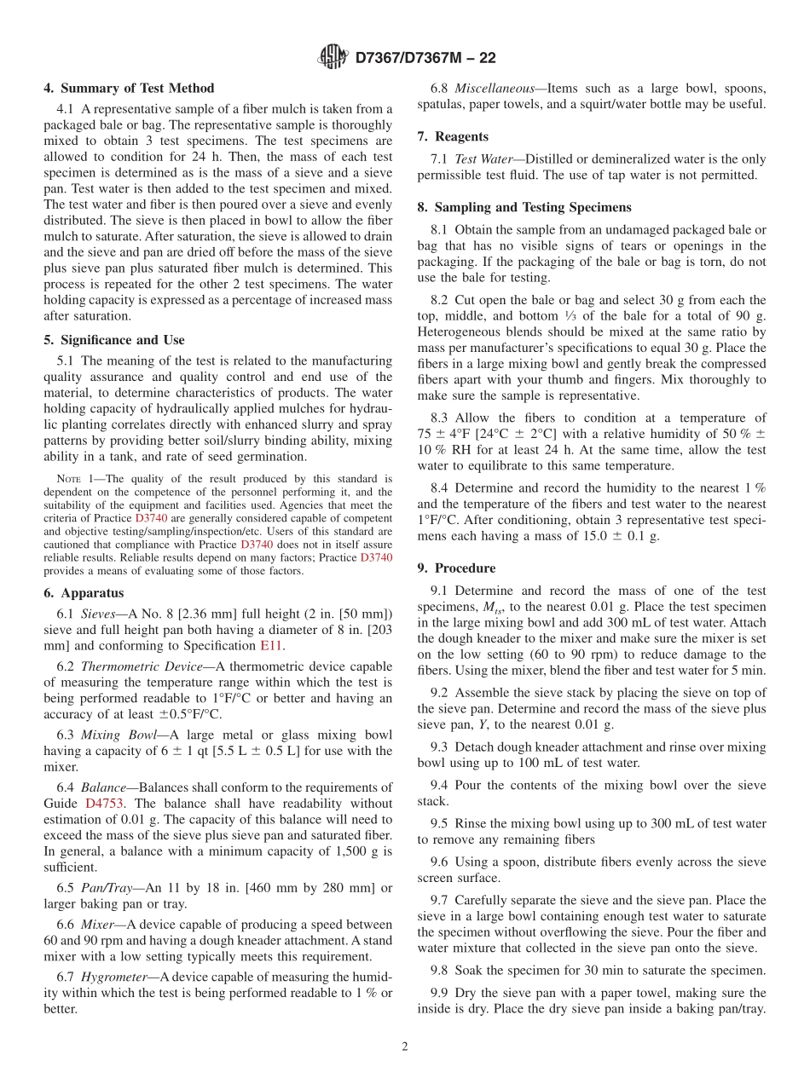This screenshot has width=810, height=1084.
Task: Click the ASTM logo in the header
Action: coord(333,57)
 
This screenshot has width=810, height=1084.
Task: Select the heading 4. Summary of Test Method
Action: coord(129,88)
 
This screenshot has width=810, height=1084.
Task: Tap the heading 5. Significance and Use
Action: coord(114,339)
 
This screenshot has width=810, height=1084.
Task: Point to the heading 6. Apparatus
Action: coord(84,592)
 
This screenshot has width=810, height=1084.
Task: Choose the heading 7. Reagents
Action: coord(453,136)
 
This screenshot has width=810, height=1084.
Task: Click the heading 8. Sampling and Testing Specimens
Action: coord(524,207)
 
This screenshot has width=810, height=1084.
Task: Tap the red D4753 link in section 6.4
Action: coord(102,803)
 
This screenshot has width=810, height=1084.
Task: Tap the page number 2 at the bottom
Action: coord(405,1047)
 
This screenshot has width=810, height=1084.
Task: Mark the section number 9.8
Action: coord(440,970)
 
